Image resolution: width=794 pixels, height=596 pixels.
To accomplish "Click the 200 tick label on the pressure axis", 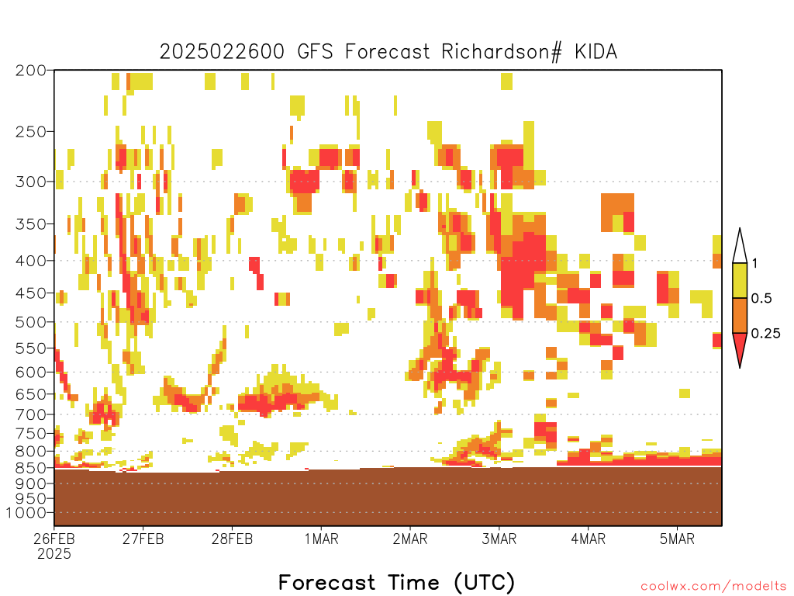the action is tap(31, 71).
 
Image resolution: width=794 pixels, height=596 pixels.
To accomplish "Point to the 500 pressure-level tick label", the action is tap(31, 322).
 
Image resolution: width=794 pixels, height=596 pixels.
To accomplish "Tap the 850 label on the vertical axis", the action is tap(31, 468).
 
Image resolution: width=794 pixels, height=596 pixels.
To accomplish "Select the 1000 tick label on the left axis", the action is tap(26, 513).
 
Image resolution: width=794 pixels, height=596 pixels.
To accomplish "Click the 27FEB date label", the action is tap(143, 539).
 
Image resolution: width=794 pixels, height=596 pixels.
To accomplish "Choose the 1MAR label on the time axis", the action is tap(321, 539).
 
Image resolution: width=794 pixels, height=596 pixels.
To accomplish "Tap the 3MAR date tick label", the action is tap(499, 539).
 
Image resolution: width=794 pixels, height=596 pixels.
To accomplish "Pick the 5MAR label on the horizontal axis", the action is tap(677, 539).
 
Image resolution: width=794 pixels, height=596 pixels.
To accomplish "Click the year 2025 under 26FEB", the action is tap(54, 554).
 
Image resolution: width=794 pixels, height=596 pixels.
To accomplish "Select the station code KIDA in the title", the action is tap(596, 52).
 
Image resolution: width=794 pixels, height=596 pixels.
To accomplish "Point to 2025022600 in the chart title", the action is tap(223, 52).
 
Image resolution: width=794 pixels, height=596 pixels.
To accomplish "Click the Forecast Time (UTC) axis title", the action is tap(396, 583).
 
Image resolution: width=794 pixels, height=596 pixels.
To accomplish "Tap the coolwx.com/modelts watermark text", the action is tap(713, 587).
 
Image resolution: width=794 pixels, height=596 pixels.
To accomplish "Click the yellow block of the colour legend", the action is tap(740, 280).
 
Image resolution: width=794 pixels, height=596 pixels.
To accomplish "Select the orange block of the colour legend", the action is tap(740, 315).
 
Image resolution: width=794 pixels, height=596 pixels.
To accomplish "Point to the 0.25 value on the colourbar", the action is tap(765, 334).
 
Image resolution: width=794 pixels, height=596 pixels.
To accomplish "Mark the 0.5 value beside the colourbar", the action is tap(761, 299).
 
